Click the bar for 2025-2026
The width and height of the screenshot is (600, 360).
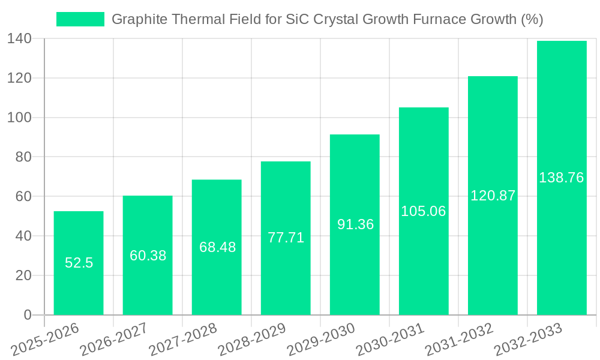pos(79,288)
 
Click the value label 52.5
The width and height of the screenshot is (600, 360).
pos(79,263)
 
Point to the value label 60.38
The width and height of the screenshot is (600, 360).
pos(148,256)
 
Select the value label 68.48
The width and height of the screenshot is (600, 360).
pos(217,247)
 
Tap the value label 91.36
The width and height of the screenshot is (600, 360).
pos(355,224)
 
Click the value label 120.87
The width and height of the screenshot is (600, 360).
pos(493,196)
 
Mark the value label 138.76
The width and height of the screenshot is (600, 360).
pos(562,178)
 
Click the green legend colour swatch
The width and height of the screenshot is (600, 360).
pos(80,19)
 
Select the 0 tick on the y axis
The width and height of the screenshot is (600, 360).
pos(27,315)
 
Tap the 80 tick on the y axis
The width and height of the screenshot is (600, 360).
pos(23,157)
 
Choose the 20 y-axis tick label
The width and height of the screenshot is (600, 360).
pos(23,275)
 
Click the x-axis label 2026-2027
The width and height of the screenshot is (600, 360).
pos(113,340)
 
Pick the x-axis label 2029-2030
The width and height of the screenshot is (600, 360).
pos(320,340)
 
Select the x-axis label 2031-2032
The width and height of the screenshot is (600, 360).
pos(458,340)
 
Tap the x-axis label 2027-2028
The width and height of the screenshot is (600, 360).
pos(182,340)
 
